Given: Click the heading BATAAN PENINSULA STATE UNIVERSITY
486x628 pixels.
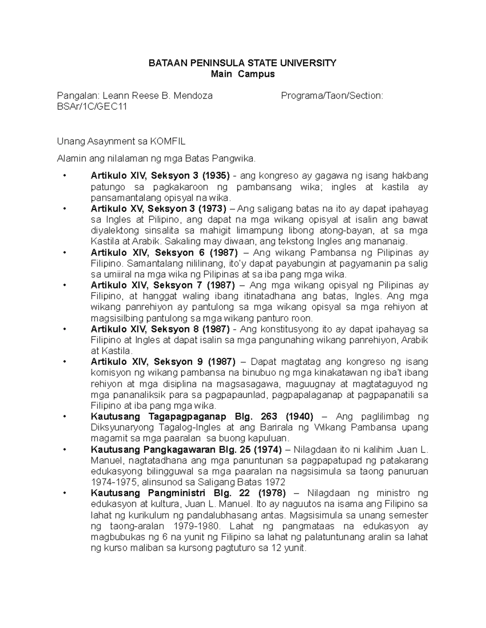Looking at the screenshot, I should click(243, 63).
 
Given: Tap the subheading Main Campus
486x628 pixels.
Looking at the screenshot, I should click(243, 74).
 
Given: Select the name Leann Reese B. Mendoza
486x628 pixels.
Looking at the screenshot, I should click(158, 96).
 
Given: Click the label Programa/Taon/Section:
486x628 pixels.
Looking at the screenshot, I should click(332, 96).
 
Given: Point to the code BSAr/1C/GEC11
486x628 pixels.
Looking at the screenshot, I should click(92, 107).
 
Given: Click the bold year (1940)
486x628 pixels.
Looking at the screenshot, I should click(299, 417).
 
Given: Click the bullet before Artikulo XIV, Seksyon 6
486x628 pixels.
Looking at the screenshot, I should click(65, 253).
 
